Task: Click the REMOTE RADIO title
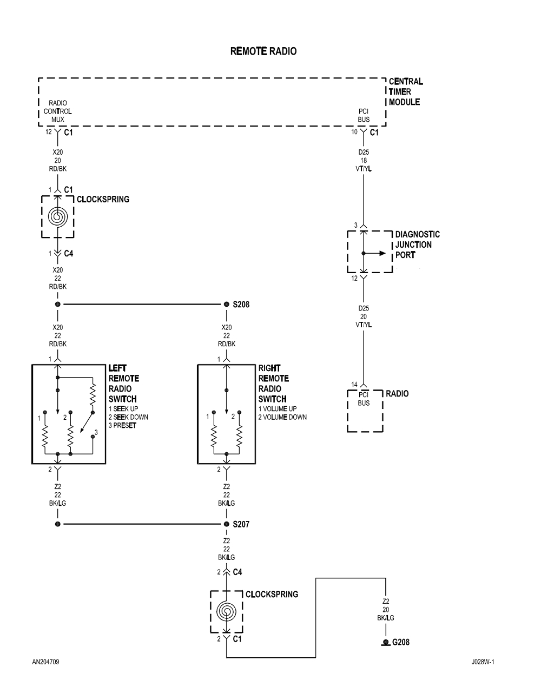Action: pyautogui.click(x=263, y=51)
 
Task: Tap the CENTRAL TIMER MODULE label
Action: pyautogui.click(x=405, y=91)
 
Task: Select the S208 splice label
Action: pyautogui.click(x=241, y=305)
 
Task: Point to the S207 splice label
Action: pyautogui.click(x=241, y=524)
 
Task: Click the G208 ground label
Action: pyautogui.click(x=400, y=642)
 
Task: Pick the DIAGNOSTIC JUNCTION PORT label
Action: pyautogui.click(x=417, y=245)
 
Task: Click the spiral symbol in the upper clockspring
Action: pyautogui.click(x=57, y=216)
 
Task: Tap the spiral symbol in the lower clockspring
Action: pyautogui.click(x=226, y=611)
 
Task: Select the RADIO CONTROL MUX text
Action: pyautogui.click(x=58, y=111)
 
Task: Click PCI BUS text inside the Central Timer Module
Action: pyautogui.click(x=364, y=115)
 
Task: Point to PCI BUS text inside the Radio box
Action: pyautogui.click(x=364, y=399)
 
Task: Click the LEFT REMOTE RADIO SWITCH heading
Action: pyautogui.click(x=123, y=384)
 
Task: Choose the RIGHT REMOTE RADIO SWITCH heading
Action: pyautogui.click(x=273, y=384)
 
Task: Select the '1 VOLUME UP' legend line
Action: pyautogui.click(x=277, y=409)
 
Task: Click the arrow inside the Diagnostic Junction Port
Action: pyautogui.click(x=378, y=253)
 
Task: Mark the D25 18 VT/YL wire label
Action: pyautogui.click(x=364, y=161)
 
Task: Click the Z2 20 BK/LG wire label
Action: pyautogui.click(x=385, y=609)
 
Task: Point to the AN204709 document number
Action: pyautogui.click(x=45, y=662)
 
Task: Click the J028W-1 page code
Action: pyautogui.click(x=483, y=662)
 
